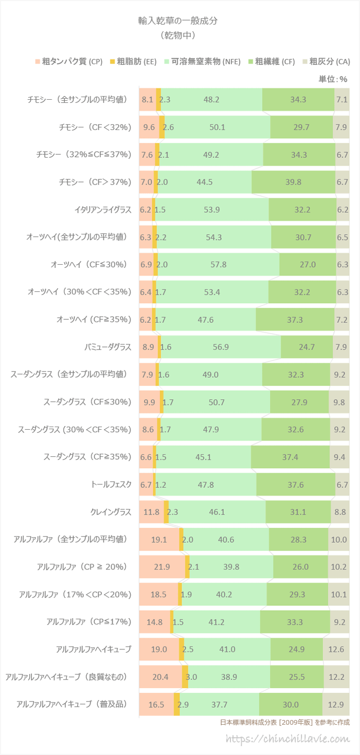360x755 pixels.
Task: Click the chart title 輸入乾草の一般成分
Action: [x=180, y=21]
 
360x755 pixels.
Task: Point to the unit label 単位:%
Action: [x=333, y=79]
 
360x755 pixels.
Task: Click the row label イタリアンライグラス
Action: [x=103, y=210]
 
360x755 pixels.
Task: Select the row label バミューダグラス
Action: [x=107, y=347]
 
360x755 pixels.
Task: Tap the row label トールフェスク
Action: [x=111, y=485]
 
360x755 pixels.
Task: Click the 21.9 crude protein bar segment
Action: [x=161, y=567]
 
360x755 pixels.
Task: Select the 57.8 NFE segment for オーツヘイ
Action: [x=219, y=265]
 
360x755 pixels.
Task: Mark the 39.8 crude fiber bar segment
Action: [x=293, y=182]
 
